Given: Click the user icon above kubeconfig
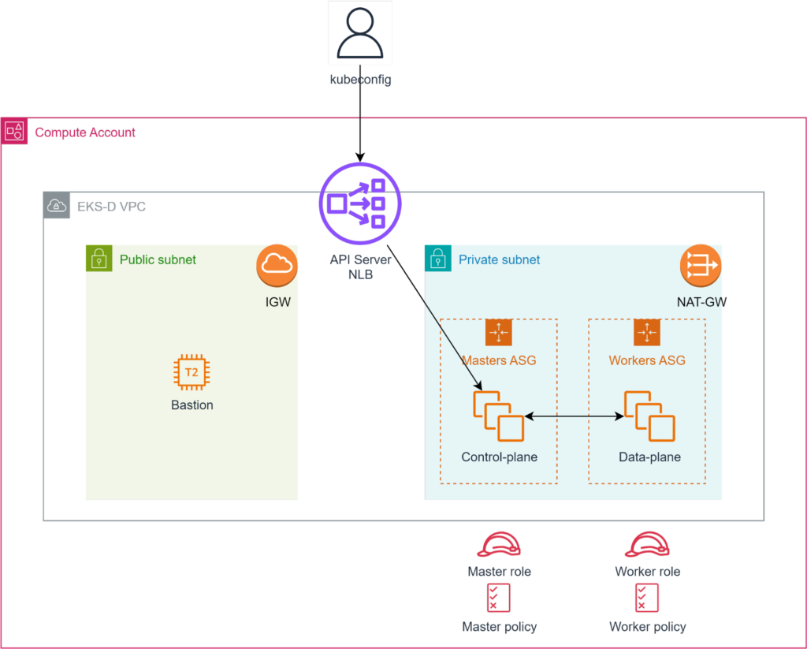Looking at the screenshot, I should click(x=360, y=33).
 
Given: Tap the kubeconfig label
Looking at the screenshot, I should click(x=360, y=80).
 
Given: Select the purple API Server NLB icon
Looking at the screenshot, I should click(x=360, y=203).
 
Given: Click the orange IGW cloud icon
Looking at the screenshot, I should click(x=277, y=266).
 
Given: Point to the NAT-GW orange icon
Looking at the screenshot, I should click(x=701, y=266).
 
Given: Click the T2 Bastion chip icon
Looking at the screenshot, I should click(x=192, y=373).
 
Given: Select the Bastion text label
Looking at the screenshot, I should click(x=192, y=405).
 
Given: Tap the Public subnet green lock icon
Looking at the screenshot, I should click(x=99, y=259).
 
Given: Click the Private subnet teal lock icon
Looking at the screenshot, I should click(x=437, y=259).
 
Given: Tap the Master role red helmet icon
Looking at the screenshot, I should click(x=499, y=545).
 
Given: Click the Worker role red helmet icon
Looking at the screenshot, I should click(x=647, y=545).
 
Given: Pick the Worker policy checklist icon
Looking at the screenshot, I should click(x=647, y=599).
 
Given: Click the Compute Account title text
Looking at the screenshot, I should click(x=85, y=132).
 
